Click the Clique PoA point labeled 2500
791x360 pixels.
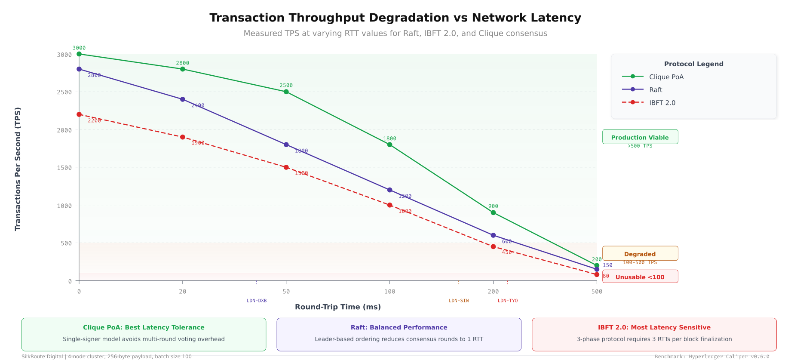click(286, 92)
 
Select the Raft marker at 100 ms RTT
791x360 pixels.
click(389, 190)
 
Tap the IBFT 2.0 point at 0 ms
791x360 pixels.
click(79, 114)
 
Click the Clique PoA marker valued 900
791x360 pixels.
click(493, 212)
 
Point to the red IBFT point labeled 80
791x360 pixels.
click(597, 274)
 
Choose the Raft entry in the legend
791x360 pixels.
click(655, 89)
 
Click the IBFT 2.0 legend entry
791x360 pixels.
click(662, 102)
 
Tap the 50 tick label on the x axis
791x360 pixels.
click(286, 291)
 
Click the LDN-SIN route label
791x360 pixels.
click(459, 301)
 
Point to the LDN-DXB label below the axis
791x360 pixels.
click(257, 301)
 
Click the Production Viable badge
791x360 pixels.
click(640, 137)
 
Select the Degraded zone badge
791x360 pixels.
click(640, 254)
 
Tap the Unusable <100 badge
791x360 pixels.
click(640, 277)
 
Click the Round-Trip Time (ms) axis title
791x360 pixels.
click(337, 307)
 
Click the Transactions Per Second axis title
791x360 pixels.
click(18, 169)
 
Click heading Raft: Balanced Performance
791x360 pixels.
click(399, 327)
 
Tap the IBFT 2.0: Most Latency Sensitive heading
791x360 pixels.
click(654, 327)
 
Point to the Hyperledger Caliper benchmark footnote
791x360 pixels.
click(712, 357)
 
